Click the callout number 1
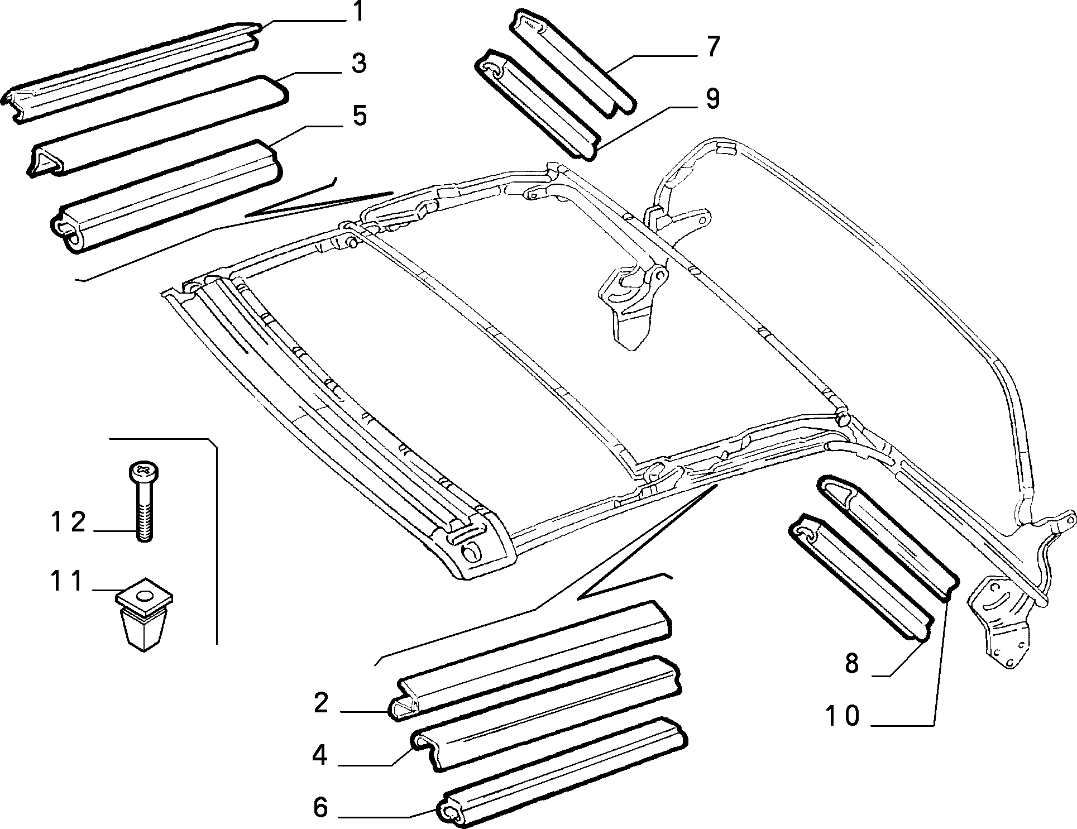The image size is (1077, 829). click(x=358, y=12)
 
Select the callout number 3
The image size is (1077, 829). click(x=359, y=63)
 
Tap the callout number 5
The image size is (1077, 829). click(x=359, y=116)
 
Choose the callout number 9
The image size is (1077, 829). click(x=712, y=99)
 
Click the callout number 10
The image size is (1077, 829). click(x=843, y=716)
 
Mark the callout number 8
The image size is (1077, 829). click(x=851, y=664)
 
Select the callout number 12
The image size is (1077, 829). click(x=68, y=522)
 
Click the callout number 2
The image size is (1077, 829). click(x=320, y=703)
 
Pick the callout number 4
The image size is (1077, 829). click(x=320, y=755)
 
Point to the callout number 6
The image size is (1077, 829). click(x=320, y=807)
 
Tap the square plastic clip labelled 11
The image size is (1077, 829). click(x=143, y=614)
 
